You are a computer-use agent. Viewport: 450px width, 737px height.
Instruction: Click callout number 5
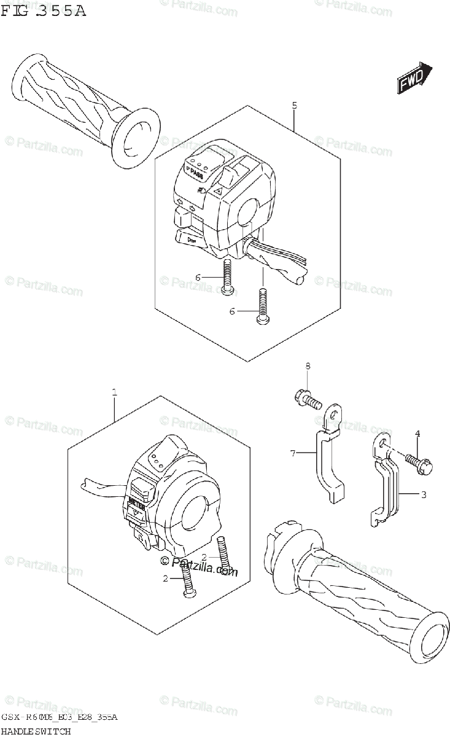pyautogui.click(x=295, y=106)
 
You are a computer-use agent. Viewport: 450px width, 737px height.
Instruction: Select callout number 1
pyautogui.click(x=114, y=391)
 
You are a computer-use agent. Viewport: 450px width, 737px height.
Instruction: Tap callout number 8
pyautogui.click(x=308, y=367)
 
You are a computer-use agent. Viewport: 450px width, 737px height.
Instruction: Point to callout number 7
pyautogui.click(x=293, y=454)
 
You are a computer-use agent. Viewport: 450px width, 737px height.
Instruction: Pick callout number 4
pyautogui.click(x=417, y=434)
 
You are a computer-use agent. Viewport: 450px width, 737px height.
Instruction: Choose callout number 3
pyautogui.click(x=424, y=494)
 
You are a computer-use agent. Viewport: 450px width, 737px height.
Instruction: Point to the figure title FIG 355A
pyautogui.click(x=43, y=10)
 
